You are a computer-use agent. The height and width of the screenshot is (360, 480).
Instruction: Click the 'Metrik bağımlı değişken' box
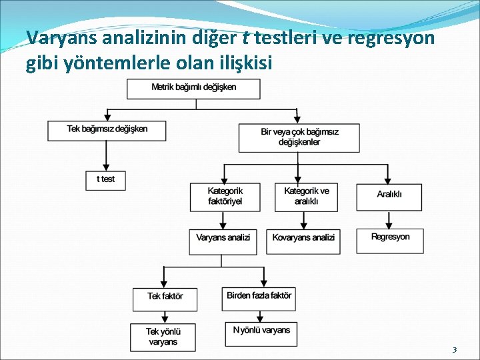coord(193,89)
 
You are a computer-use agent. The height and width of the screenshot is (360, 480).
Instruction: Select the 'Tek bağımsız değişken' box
coord(107,130)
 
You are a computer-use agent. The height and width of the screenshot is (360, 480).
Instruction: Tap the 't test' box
coord(105,180)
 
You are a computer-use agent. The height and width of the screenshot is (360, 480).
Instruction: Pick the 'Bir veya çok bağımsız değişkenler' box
coord(299,137)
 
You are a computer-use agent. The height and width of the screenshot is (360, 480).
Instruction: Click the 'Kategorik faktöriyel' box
coord(225,197)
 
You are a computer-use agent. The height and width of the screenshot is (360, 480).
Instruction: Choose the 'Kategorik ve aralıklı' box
coord(306,197)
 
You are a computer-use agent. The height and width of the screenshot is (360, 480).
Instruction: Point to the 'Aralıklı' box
coord(389,195)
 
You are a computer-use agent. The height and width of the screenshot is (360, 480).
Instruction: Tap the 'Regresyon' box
coord(390,241)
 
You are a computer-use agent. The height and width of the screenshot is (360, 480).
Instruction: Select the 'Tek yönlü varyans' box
coord(163,337)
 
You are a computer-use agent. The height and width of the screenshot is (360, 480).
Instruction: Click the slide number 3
coord(454,350)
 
